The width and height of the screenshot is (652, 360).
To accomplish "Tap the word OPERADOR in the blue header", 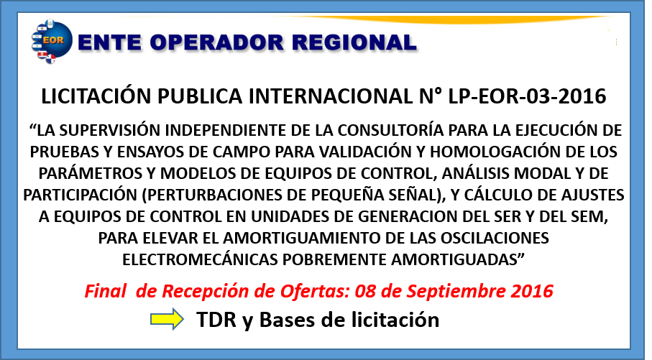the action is [x=216, y=43].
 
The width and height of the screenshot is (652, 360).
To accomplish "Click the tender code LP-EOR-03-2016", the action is [x=527, y=96].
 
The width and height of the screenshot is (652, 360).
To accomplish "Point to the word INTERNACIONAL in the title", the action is [x=331, y=96].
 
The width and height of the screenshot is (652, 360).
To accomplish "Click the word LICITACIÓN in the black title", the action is [x=96, y=96].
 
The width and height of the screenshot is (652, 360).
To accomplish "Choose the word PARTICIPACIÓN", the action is [x=80, y=195].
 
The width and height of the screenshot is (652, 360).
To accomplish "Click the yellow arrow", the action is [x=167, y=319].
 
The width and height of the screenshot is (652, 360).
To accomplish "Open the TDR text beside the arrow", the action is [x=216, y=320].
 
